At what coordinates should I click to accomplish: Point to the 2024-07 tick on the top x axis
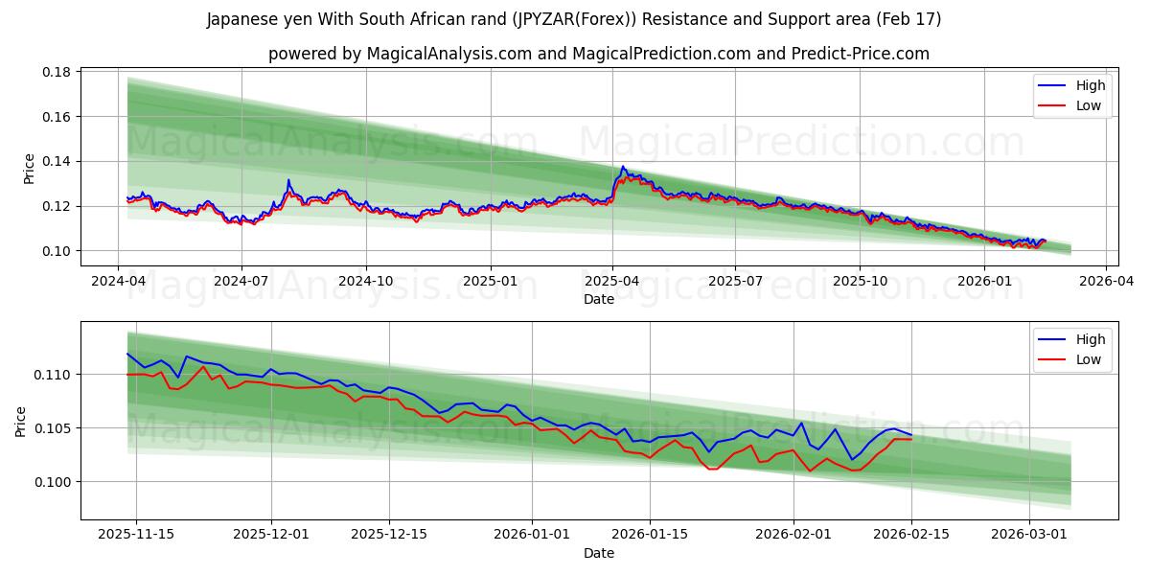241,282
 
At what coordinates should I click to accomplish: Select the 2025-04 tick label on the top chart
612,282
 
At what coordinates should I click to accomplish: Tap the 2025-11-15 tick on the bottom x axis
135,533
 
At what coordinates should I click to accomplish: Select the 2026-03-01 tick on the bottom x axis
1029,533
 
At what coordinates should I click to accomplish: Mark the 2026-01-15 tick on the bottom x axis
650,533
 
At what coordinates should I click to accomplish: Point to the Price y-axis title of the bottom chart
21,421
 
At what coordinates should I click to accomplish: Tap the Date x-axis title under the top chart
599,299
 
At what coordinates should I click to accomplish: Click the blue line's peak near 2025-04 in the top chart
623,167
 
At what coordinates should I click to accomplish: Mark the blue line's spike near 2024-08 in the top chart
288,179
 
